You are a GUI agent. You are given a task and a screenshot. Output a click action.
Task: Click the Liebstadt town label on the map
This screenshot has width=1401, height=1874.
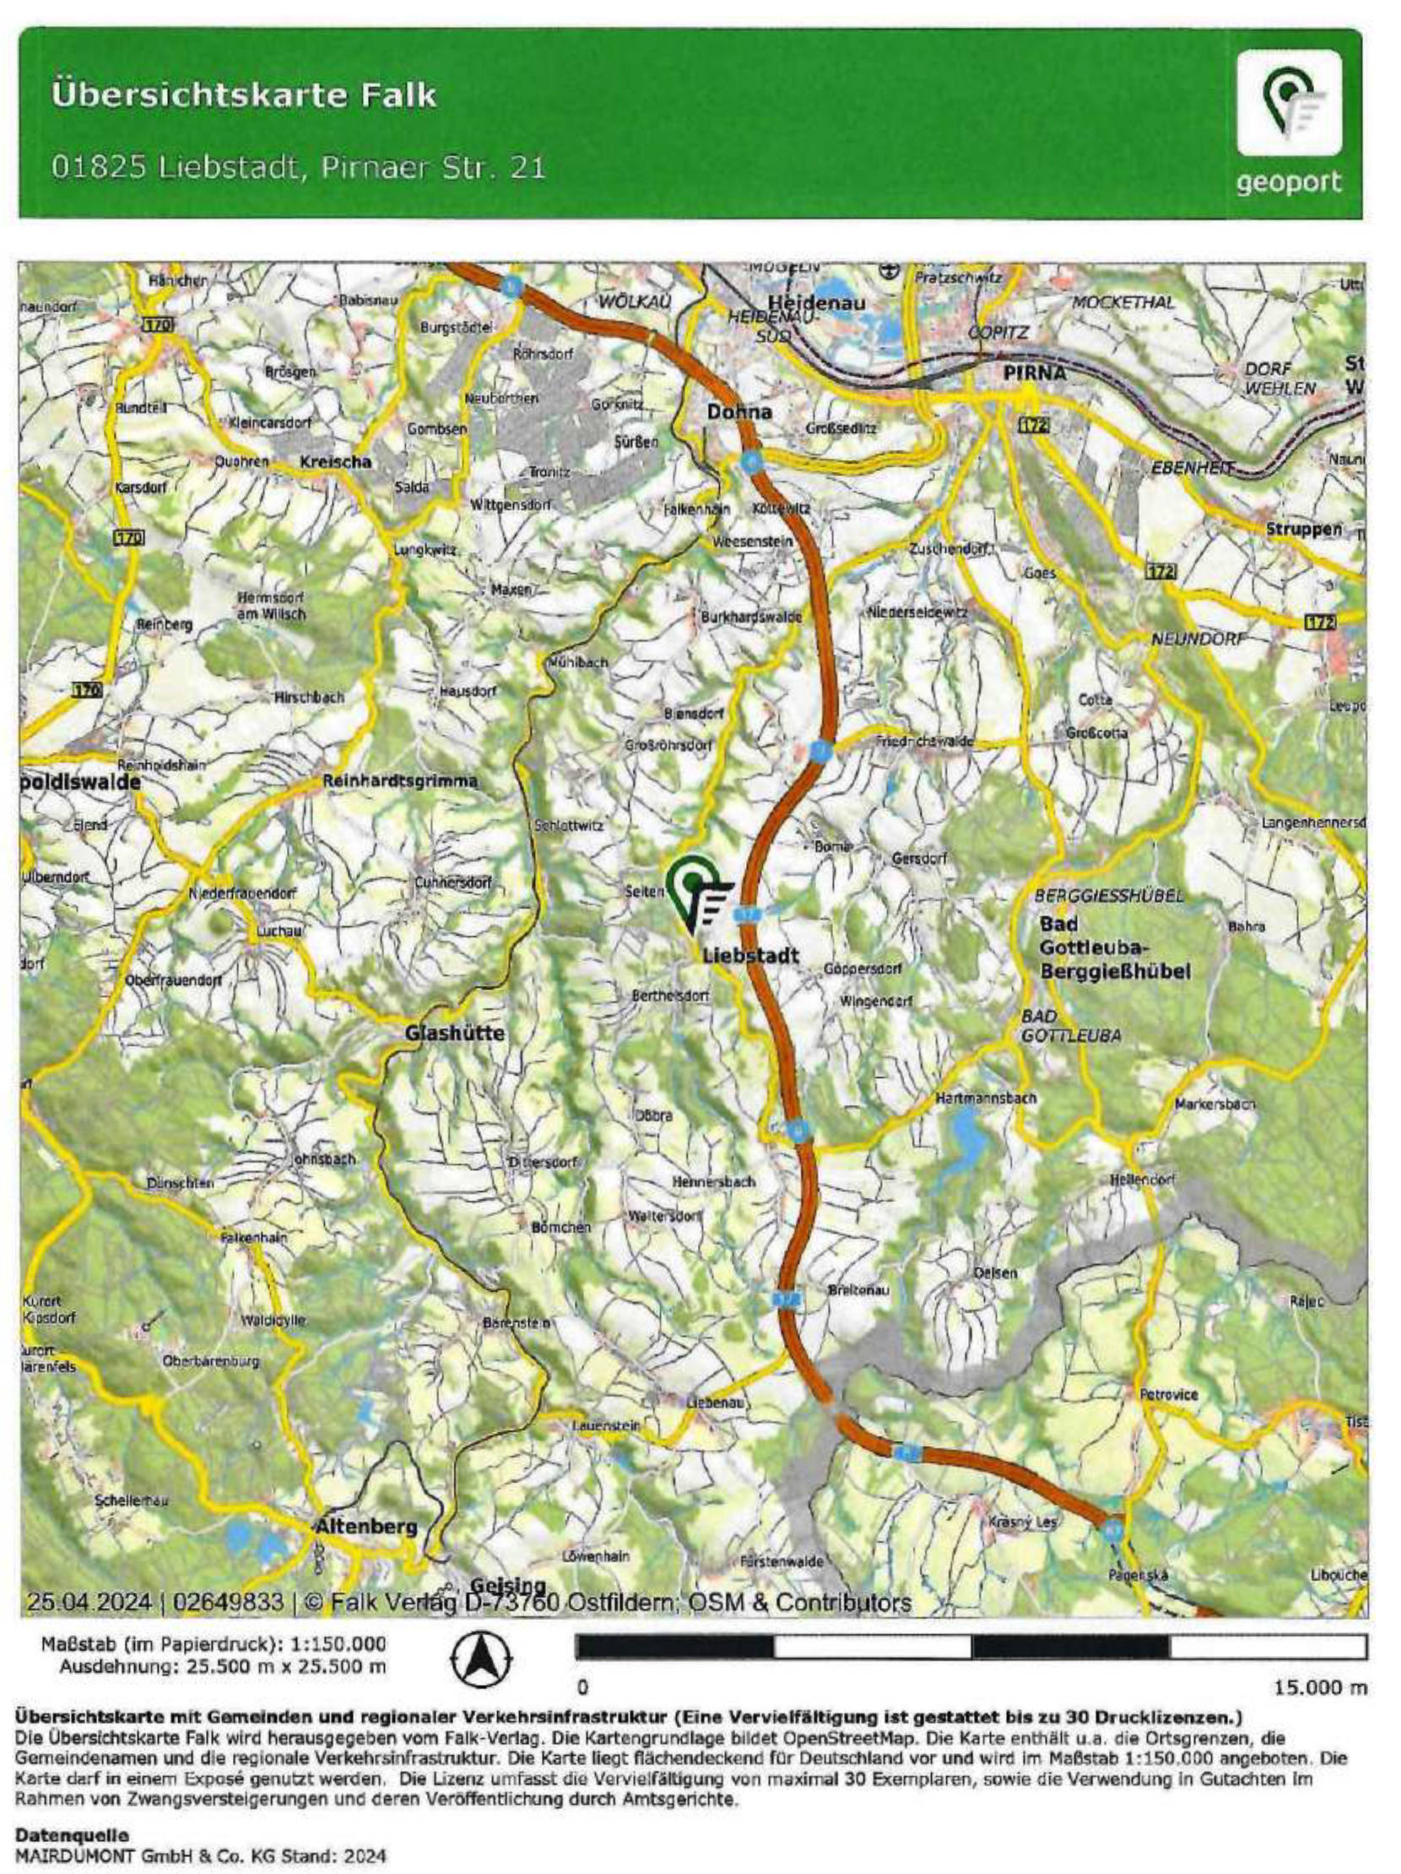pyautogui.click(x=750, y=955)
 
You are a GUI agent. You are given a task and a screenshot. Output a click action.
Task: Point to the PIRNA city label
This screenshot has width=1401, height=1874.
pyautogui.click(x=1034, y=373)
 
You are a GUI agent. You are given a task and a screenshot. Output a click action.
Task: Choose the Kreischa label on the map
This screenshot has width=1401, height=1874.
pyautogui.click(x=335, y=462)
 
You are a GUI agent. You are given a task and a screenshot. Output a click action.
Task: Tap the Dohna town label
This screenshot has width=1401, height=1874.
pyautogui.click(x=739, y=412)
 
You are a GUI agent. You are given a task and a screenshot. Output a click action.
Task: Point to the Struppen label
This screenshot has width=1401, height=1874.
pyautogui.click(x=1304, y=529)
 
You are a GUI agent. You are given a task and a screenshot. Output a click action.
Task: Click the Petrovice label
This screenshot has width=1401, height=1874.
pyautogui.click(x=1168, y=1394)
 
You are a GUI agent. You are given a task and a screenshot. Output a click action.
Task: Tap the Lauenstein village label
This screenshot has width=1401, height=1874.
pyautogui.click(x=606, y=1426)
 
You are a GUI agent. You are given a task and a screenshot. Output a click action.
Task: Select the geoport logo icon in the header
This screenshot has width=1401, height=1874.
pyautogui.click(x=1289, y=104)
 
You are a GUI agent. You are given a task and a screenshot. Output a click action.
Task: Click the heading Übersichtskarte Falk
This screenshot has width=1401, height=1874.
pyautogui.click(x=244, y=95)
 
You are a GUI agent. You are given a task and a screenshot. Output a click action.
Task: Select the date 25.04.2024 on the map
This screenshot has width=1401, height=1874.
pyautogui.click(x=89, y=1602)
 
